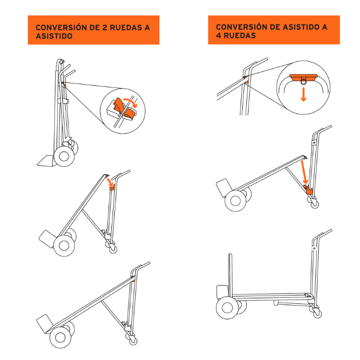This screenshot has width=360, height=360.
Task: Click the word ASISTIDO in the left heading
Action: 54,36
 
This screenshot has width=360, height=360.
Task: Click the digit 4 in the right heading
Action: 218,35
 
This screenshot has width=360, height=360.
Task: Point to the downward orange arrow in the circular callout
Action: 303,94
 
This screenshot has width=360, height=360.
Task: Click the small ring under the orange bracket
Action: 303,81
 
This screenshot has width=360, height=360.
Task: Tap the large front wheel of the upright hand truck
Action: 64,157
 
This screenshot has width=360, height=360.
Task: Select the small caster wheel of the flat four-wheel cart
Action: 318,313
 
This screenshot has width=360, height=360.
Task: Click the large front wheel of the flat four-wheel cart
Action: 227,307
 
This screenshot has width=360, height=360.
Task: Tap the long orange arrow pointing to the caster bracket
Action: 304,172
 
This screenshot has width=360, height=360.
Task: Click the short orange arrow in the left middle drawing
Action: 110,182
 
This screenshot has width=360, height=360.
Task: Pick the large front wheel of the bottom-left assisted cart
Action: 61,338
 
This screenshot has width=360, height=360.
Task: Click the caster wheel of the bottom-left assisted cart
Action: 133,341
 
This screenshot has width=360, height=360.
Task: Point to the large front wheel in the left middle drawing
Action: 64,246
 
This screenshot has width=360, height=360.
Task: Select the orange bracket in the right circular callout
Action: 303,77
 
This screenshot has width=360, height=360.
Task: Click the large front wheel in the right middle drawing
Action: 235,201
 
